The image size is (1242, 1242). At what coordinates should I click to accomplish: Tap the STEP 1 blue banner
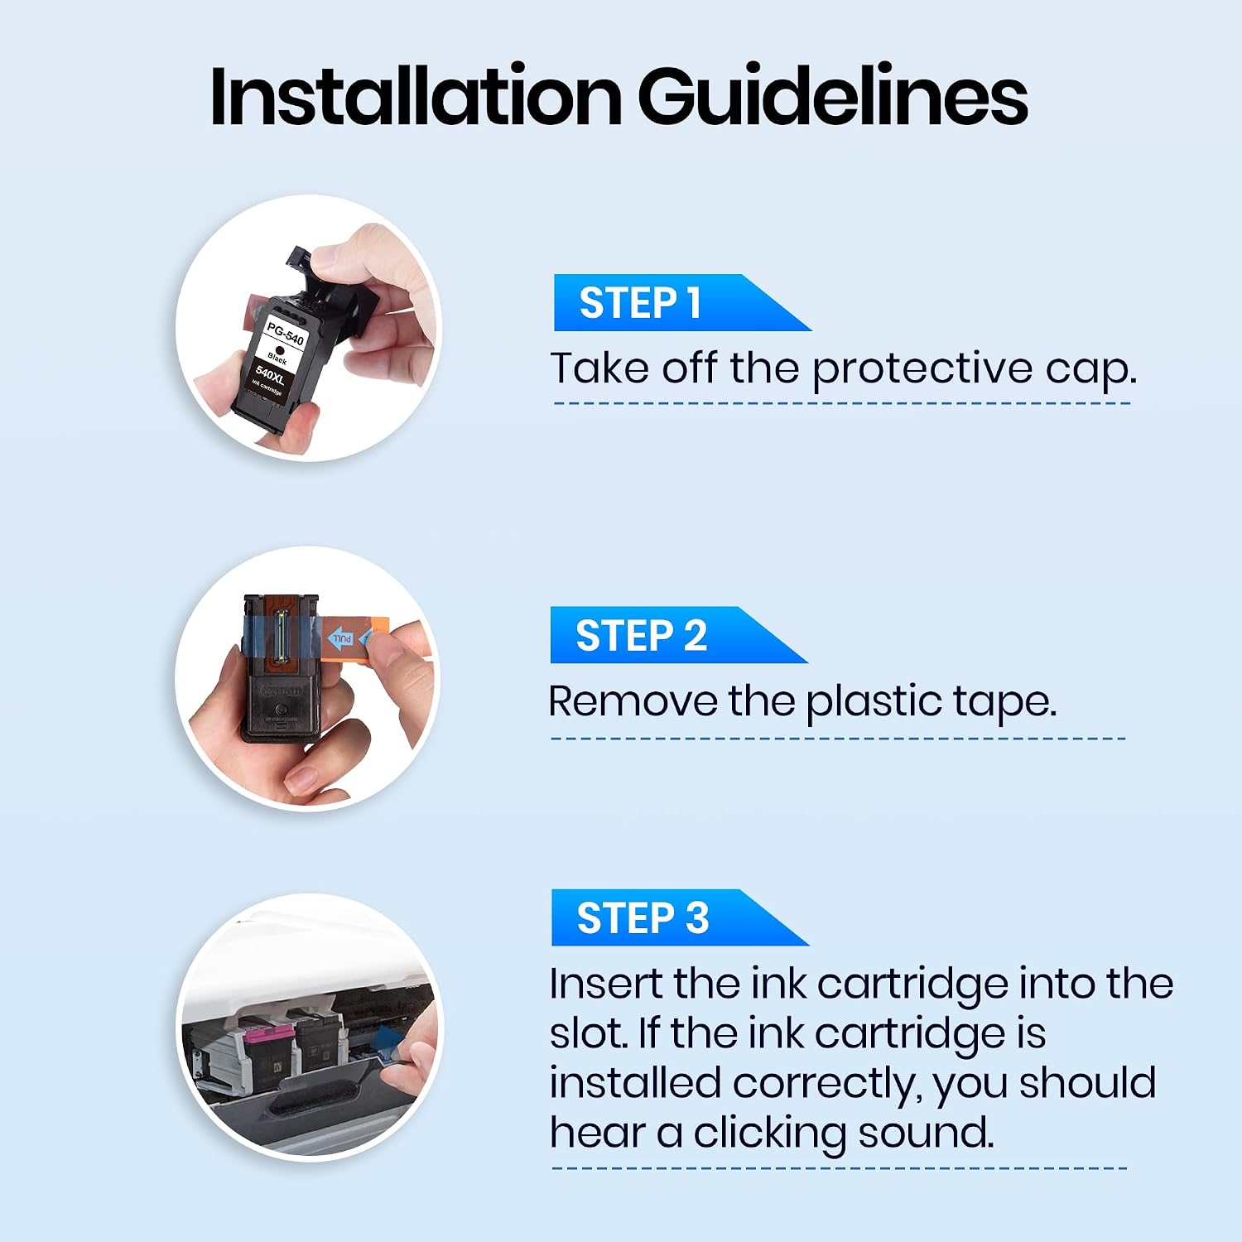681,303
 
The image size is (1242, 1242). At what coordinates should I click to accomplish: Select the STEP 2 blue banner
679,635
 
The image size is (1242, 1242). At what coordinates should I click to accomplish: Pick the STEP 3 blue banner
679,917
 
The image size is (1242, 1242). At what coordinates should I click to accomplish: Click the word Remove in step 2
633,702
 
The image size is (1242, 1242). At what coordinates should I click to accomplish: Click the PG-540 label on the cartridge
285,333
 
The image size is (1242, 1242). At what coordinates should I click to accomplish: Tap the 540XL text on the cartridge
270,375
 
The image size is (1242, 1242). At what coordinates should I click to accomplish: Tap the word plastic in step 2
874,702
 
